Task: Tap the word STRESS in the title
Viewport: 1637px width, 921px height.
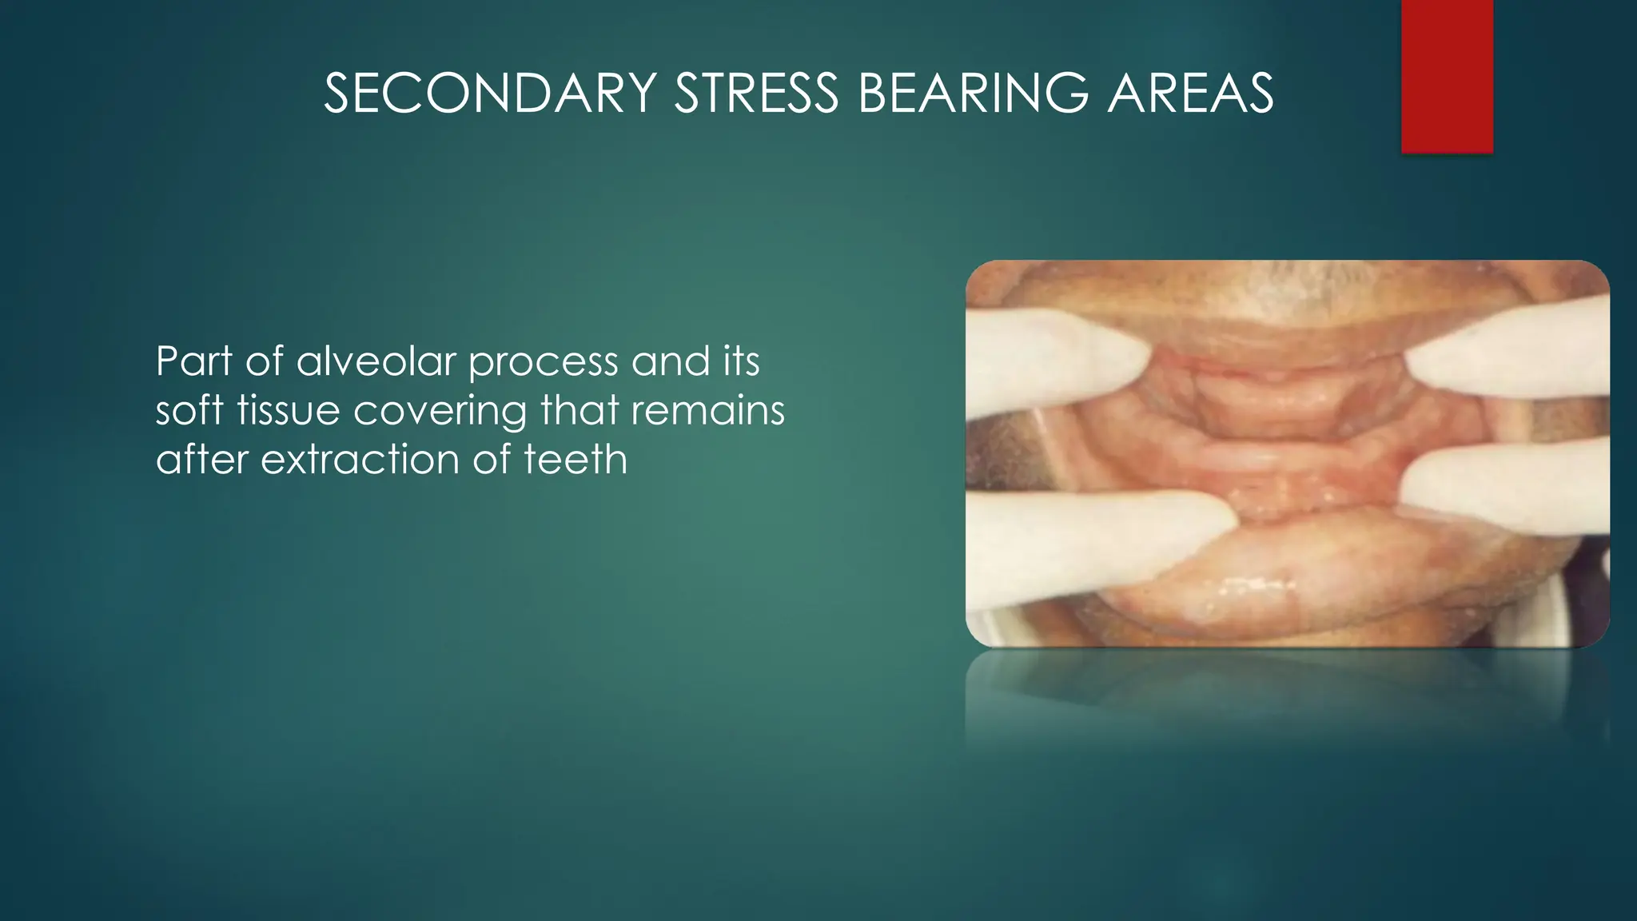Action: click(756, 94)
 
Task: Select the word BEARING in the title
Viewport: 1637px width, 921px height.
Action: click(973, 94)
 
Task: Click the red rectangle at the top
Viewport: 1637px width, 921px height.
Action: click(1447, 76)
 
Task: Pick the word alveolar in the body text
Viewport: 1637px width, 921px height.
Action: click(376, 361)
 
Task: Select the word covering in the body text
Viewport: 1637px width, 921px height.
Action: click(440, 413)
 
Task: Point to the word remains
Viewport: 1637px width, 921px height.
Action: click(707, 411)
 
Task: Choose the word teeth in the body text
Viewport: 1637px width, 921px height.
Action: click(576, 460)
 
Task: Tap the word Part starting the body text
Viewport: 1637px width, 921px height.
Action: click(193, 361)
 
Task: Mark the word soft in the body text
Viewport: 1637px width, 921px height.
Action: click(189, 411)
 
